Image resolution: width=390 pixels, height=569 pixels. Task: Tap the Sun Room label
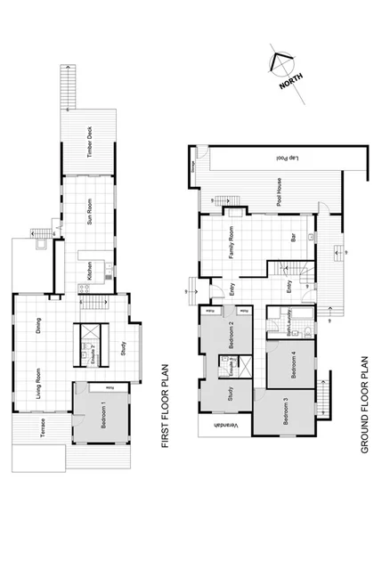point(90,216)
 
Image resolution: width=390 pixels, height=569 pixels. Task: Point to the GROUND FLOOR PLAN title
point(365,405)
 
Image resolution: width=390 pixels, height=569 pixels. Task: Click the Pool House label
point(279,192)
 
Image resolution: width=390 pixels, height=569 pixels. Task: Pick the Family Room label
point(232,240)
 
